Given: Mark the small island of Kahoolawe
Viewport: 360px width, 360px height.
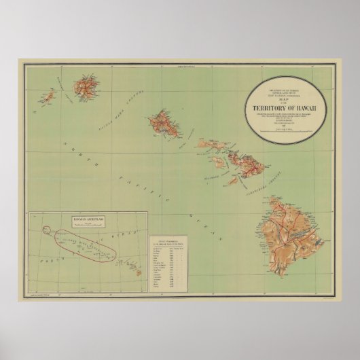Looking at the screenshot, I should [234, 180].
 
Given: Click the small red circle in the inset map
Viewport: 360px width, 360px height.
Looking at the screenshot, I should [49, 216].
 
